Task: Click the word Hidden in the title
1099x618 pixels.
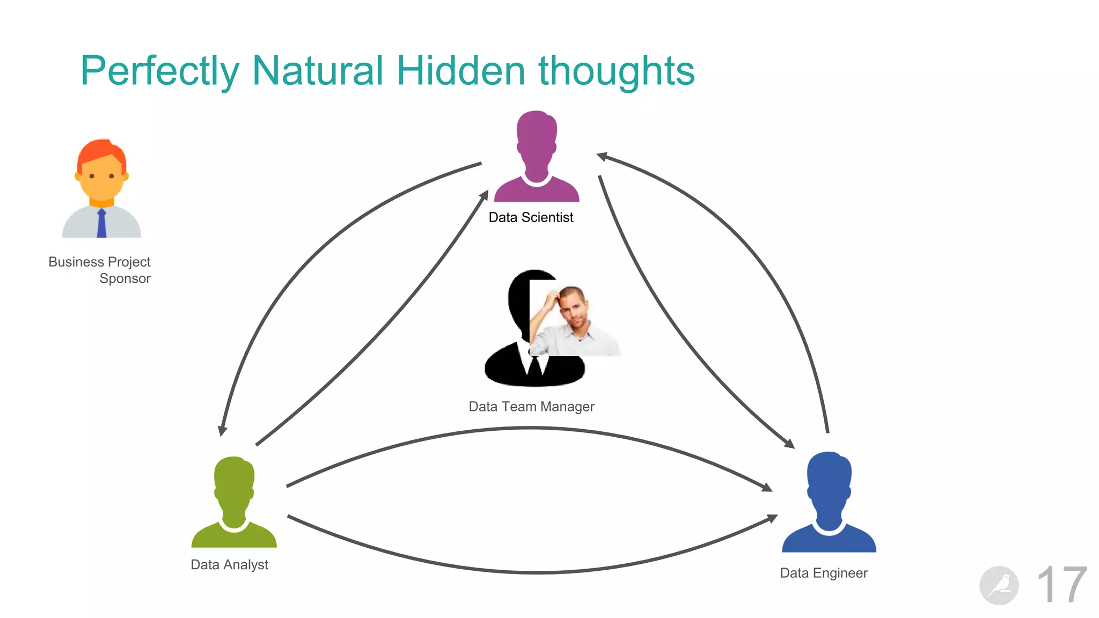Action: point(460,71)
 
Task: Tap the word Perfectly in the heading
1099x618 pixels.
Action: point(159,71)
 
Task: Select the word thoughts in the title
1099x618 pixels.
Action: point(616,71)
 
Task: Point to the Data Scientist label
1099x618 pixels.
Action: point(531,217)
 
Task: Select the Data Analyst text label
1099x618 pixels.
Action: point(229,565)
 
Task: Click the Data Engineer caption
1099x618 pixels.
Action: point(823,573)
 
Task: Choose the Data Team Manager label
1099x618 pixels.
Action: point(531,407)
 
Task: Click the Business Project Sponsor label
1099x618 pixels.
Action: point(100,270)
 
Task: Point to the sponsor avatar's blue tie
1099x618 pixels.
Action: point(101,224)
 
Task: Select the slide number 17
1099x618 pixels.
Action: point(1061,585)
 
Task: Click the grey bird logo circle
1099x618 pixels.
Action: point(999,585)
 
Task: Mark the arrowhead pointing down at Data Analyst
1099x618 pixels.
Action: point(222,431)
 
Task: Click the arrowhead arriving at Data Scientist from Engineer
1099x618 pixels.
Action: point(602,156)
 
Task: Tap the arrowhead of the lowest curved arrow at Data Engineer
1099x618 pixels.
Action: point(772,518)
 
